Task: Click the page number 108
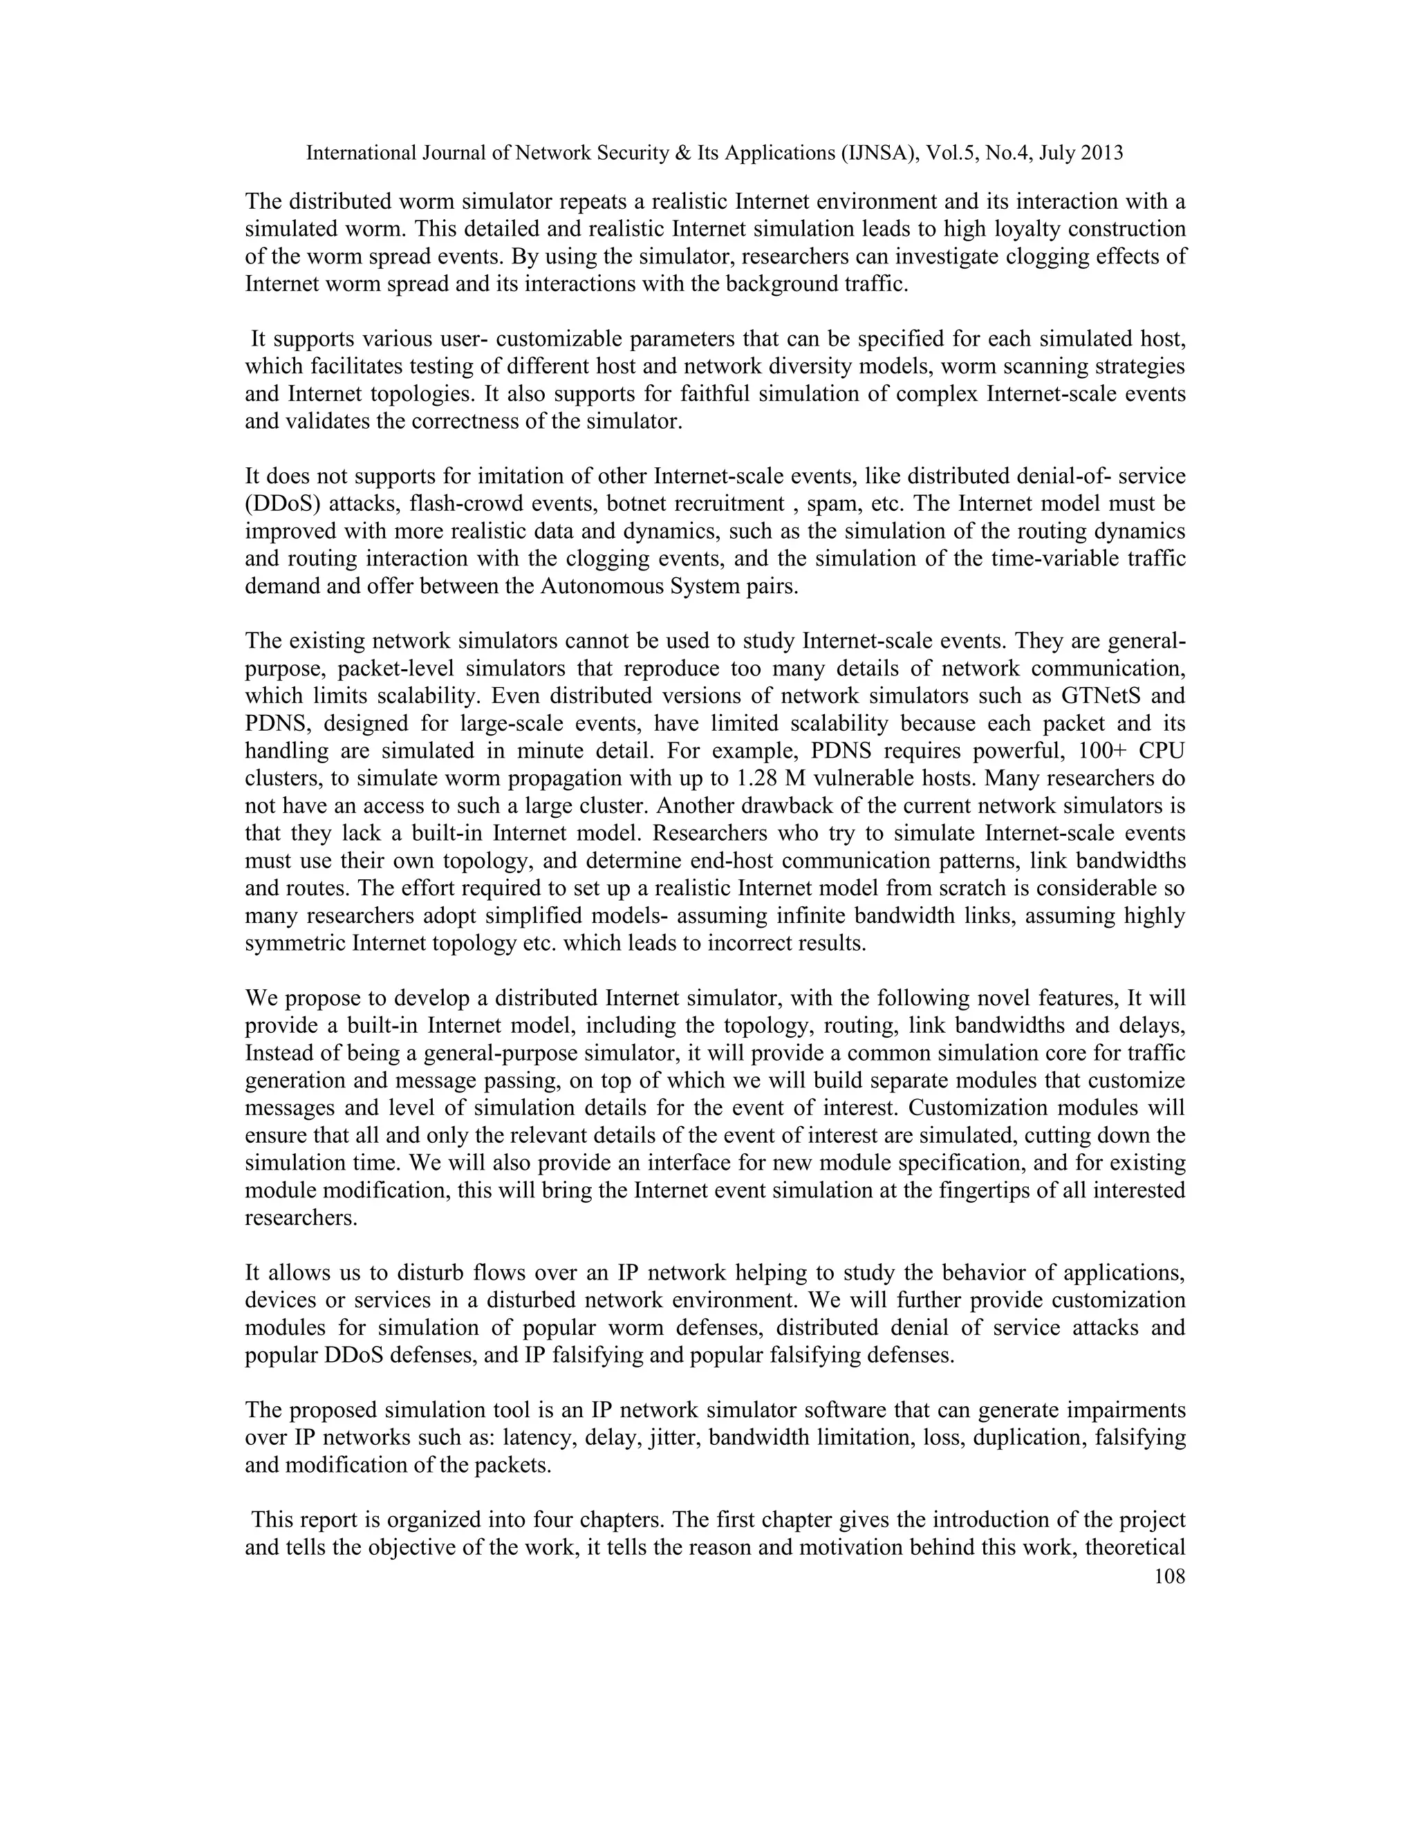pyautogui.click(x=1169, y=1576)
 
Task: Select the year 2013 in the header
pyautogui.click(x=1101, y=153)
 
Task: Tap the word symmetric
pyautogui.click(x=295, y=943)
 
